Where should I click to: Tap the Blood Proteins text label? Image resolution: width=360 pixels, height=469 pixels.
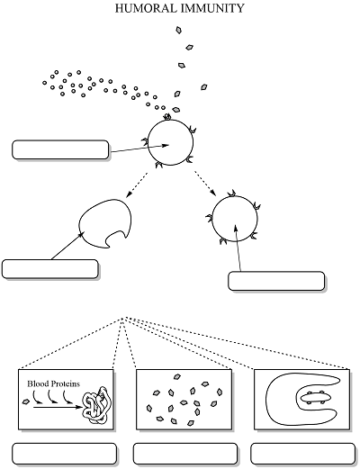tap(54, 383)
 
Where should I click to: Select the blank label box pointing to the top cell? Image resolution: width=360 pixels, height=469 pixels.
tap(60, 149)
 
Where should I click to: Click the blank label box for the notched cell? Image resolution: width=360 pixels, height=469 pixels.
tap(50, 269)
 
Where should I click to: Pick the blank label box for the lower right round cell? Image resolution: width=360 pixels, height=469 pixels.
tap(276, 281)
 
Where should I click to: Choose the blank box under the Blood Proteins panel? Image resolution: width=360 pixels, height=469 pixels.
tap(64, 454)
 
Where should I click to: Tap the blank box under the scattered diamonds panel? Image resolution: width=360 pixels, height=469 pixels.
tap(185, 454)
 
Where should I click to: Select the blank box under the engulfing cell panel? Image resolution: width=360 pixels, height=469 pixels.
tap(303, 454)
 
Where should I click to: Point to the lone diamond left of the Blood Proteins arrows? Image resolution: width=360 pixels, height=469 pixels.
tap(26, 401)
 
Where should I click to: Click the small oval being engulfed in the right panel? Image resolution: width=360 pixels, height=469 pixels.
tap(314, 397)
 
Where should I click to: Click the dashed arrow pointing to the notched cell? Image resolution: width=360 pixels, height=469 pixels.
tap(137, 185)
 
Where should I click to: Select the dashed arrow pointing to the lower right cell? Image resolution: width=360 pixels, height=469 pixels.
tap(205, 184)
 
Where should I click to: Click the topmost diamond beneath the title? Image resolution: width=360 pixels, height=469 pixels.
tap(178, 30)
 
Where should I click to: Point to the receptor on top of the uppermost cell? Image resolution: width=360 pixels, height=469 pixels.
tap(167, 117)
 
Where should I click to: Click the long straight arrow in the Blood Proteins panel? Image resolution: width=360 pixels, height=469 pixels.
tap(58, 408)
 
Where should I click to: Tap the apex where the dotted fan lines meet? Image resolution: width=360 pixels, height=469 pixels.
tap(122, 318)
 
